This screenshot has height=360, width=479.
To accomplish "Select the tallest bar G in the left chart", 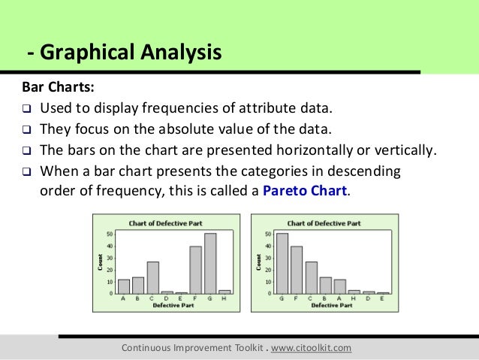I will [x=209, y=263].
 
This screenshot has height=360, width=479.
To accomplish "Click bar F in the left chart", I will [x=195, y=269].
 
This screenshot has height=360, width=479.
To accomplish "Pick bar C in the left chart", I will [x=152, y=277].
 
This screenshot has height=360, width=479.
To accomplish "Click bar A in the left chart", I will [x=124, y=286].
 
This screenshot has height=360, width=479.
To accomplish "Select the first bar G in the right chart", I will [x=282, y=263].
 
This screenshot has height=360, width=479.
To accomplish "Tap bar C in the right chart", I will [x=311, y=277].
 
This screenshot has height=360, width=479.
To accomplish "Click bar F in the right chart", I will [x=297, y=269].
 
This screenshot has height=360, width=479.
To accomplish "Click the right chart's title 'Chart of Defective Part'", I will [x=324, y=223].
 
